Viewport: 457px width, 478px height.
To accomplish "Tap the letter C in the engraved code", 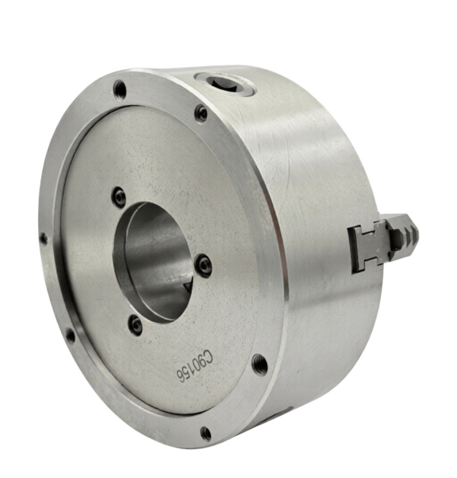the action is [x=208, y=357].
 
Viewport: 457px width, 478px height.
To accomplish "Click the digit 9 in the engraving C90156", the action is [x=202, y=363].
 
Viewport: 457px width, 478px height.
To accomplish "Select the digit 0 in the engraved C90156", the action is [x=196, y=369].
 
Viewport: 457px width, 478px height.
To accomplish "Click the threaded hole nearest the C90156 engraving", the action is [x=260, y=364].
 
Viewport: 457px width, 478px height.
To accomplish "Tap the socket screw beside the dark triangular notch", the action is [x=203, y=266].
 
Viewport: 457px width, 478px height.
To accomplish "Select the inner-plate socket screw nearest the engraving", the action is [x=135, y=325].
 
